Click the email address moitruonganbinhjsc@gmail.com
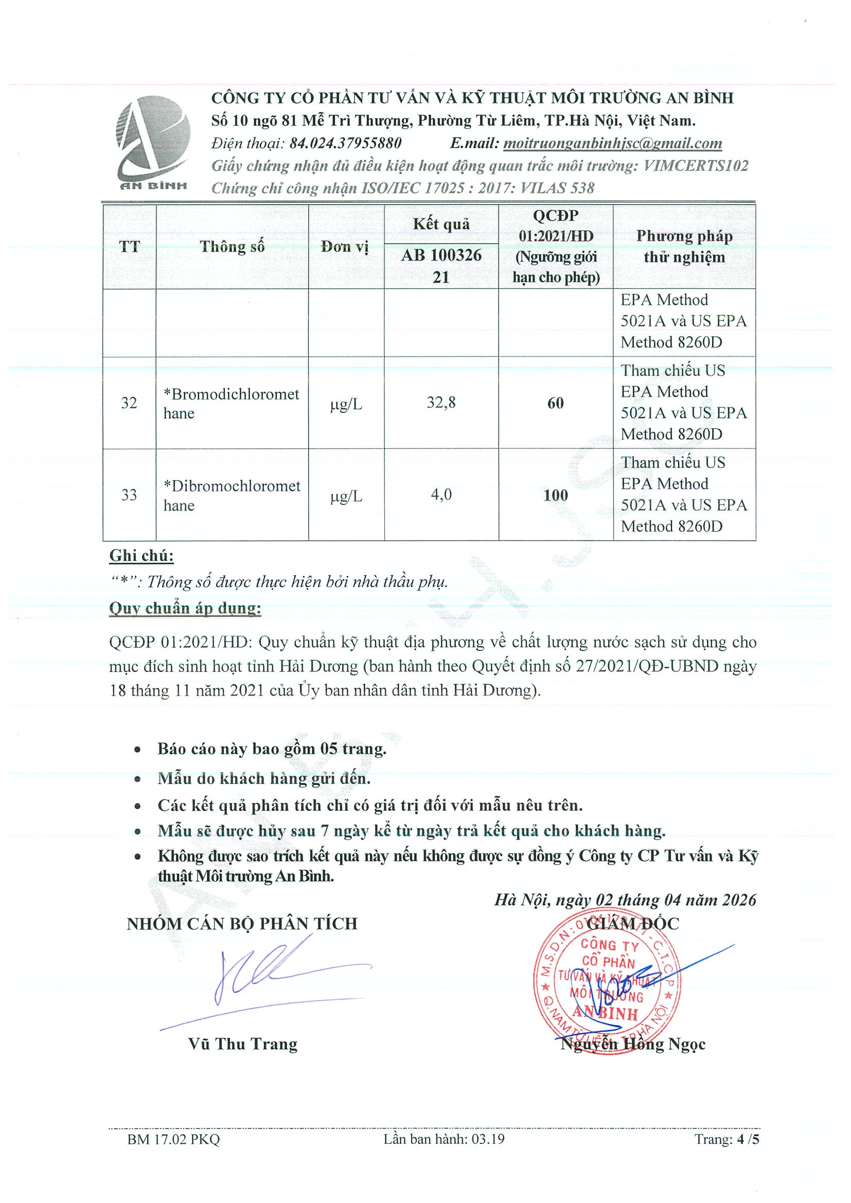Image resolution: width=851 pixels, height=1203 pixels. tap(612, 143)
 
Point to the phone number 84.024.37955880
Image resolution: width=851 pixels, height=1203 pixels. tap(346, 143)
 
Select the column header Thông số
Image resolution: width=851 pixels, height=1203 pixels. tap(232, 247)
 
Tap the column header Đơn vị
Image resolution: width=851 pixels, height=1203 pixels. tap(345, 247)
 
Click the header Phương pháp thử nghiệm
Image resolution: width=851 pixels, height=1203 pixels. tap(684, 247)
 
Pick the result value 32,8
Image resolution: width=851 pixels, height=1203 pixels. tap(441, 403)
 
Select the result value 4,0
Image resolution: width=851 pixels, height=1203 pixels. tap(441, 495)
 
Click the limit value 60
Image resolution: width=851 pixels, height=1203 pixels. tap(555, 403)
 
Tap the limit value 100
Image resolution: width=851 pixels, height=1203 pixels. tap(555, 495)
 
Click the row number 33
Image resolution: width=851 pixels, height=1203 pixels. tap(129, 495)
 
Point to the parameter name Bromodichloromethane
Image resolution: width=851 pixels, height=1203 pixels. tap(231, 404)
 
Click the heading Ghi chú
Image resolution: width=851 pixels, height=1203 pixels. tap(141, 556)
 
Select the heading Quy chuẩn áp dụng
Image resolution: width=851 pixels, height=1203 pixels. tap(185, 608)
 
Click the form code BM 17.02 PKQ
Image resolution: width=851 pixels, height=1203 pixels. tap(173, 1153)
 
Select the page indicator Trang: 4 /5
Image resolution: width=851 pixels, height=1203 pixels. tap(726, 1153)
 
